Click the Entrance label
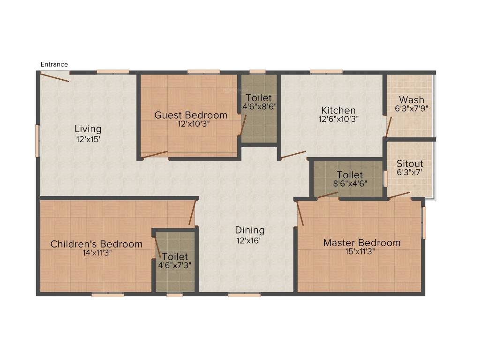pyautogui.click(x=54, y=64)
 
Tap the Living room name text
pyautogui.click(x=88, y=129)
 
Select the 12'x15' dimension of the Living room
pyautogui.click(x=89, y=139)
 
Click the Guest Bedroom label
pyautogui.click(x=191, y=115)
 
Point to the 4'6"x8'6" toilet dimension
pyautogui.click(x=259, y=106)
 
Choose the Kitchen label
pyautogui.click(x=338, y=111)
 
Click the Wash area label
pyautogui.click(x=411, y=100)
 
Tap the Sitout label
pyautogui.click(x=410, y=164)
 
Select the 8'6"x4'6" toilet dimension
pyautogui.click(x=350, y=183)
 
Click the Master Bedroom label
pyautogui.click(x=362, y=243)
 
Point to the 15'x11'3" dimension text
pyautogui.click(x=362, y=251)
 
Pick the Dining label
pyautogui.click(x=249, y=230)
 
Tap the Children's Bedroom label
pyautogui.click(x=96, y=244)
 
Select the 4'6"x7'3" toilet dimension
pyautogui.click(x=175, y=265)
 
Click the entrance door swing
pyautogui.click(x=54, y=77)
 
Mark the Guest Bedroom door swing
pyautogui.click(x=155, y=154)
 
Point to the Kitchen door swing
pyautogui.click(x=293, y=155)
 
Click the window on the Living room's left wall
pyautogui.click(x=37, y=140)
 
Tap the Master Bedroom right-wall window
pyautogui.click(x=424, y=223)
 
